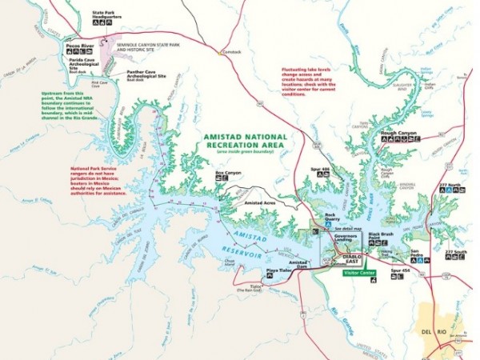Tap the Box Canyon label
tap(228, 171)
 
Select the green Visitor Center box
tap(359, 272)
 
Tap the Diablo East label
tap(353, 258)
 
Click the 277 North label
tap(452, 186)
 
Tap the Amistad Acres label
tap(260, 204)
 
